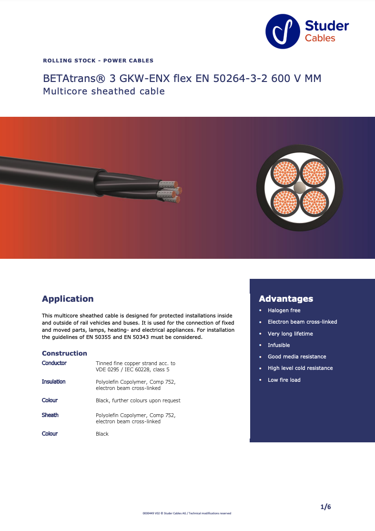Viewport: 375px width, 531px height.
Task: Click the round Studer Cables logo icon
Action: point(283,31)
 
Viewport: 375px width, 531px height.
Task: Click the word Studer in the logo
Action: point(326,26)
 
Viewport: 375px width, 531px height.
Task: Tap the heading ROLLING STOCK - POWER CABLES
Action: point(98,61)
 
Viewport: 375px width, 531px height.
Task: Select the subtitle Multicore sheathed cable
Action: point(104,92)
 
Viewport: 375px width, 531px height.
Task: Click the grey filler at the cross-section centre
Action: point(300,187)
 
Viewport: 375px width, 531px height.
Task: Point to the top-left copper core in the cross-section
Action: point(285,173)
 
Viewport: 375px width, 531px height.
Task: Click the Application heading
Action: point(68,299)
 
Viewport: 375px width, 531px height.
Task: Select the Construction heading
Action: point(64,353)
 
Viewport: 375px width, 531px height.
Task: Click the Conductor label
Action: point(54,363)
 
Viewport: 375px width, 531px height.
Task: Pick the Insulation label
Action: point(53,382)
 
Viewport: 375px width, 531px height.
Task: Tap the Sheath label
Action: point(50,415)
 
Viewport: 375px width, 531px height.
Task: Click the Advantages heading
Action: point(286,299)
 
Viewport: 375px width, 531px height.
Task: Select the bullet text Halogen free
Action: point(284,310)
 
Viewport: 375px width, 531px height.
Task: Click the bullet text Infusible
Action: point(279,345)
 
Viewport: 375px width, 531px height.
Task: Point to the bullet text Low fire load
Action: point(284,380)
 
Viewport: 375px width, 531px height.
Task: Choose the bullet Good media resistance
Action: point(297,357)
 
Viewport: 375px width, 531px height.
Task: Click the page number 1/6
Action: point(325,507)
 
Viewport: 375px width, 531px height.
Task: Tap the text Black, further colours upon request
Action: point(138,400)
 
